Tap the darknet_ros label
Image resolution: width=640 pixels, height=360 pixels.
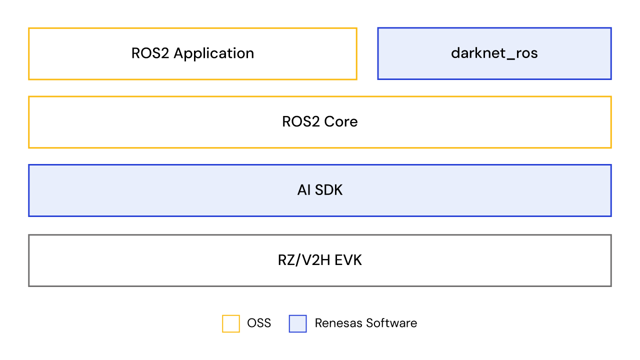click(x=494, y=53)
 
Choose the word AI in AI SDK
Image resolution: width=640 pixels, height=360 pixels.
click(x=304, y=190)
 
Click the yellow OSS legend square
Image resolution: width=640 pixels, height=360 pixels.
click(x=231, y=323)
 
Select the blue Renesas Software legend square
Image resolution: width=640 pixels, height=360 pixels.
click(x=297, y=323)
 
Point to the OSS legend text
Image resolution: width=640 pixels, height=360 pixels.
click(x=259, y=323)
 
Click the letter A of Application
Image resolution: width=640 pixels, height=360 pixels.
click(x=178, y=53)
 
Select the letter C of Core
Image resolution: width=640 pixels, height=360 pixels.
click(x=329, y=121)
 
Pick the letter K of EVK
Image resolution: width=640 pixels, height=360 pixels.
click(x=357, y=260)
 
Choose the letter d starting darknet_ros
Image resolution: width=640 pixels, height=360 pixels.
click(x=455, y=53)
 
